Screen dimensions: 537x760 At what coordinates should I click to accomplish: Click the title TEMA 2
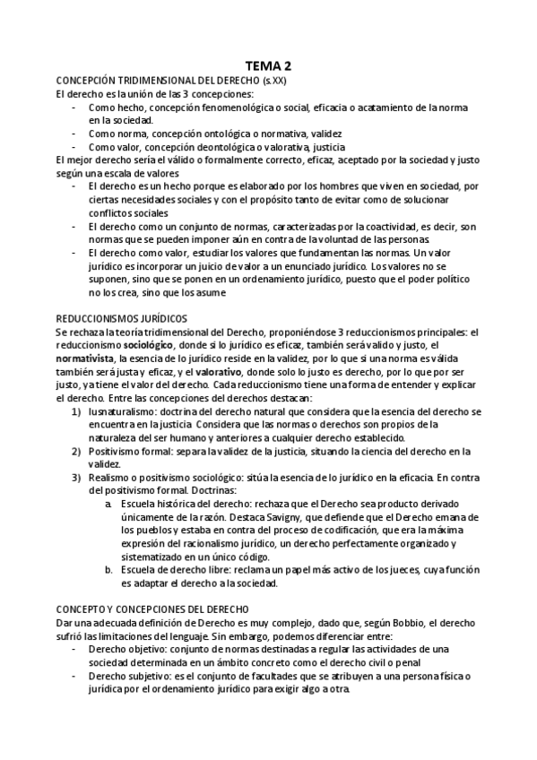[268, 65]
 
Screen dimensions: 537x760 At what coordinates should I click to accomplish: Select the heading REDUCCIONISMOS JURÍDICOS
[121, 318]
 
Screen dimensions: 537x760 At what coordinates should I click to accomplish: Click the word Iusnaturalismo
[121, 411]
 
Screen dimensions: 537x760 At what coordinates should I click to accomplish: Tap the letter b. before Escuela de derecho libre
[108, 570]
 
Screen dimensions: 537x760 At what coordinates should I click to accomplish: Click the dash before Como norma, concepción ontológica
[74, 133]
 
